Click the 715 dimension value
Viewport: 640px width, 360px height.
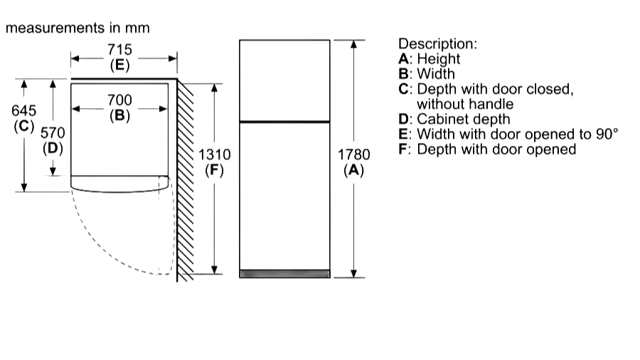point(119,51)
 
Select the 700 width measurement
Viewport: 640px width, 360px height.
point(119,100)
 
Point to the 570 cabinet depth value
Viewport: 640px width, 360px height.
point(53,133)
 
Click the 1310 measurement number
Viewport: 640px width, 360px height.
point(214,154)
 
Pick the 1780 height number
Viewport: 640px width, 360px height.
point(353,154)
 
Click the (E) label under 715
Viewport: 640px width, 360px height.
point(119,65)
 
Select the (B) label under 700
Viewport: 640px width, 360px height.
point(119,115)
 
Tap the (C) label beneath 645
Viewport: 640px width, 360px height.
point(24,126)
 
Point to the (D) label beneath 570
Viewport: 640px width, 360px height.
point(53,148)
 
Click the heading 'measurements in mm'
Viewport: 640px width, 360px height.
point(78,28)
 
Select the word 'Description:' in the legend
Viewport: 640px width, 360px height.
point(437,44)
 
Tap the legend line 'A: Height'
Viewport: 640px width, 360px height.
point(429,59)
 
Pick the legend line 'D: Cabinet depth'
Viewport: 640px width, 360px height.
point(454,120)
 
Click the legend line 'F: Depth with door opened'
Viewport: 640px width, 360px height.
point(486,149)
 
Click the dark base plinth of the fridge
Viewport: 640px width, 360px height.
point(284,273)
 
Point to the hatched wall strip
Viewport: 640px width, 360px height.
point(185,178)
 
